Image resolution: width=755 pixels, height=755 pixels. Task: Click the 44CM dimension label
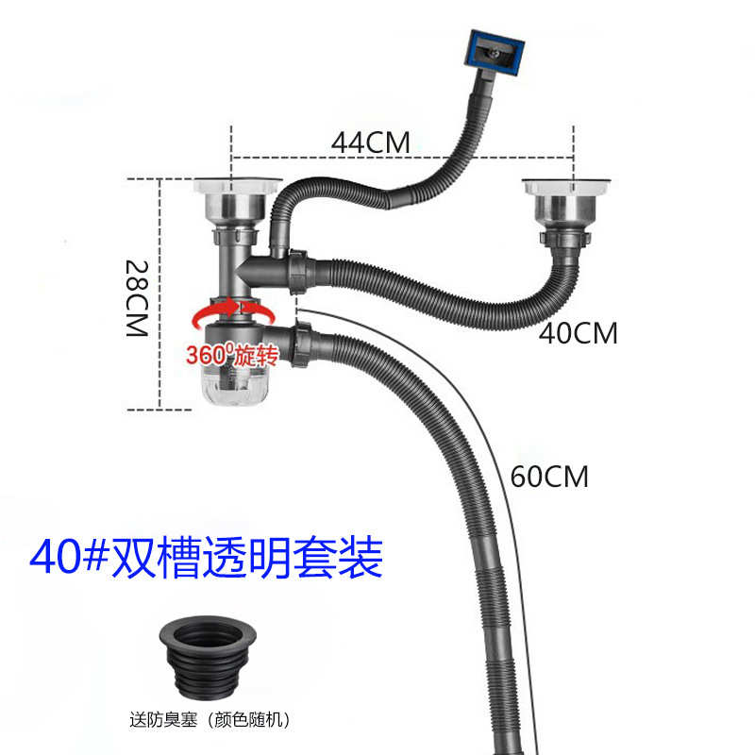coord(371,143)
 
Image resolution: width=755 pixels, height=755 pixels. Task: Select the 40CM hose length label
coord(579,333)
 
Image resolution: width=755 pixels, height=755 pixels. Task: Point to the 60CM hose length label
coord(548,477)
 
